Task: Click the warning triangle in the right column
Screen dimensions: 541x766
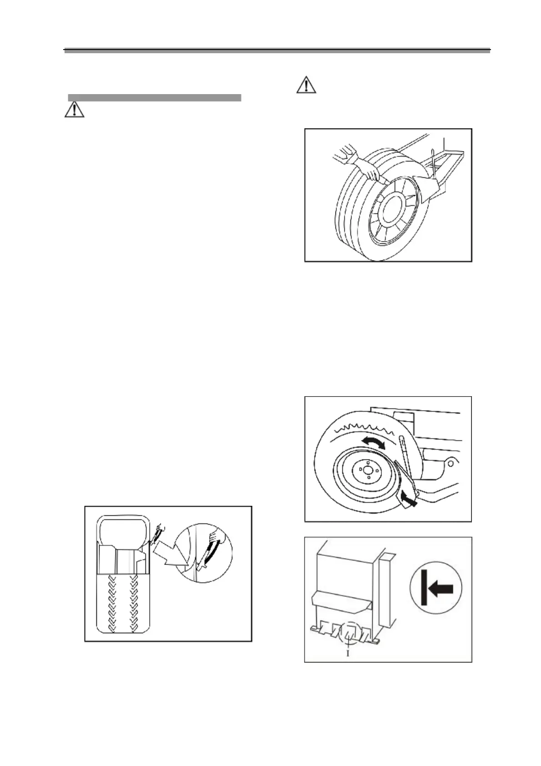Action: tap(306, 85)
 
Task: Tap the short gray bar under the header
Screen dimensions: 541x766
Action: tap(154, 97)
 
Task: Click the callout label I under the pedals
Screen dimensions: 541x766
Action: tap(348, 653)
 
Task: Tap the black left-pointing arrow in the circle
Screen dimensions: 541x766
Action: tap(441, 590)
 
